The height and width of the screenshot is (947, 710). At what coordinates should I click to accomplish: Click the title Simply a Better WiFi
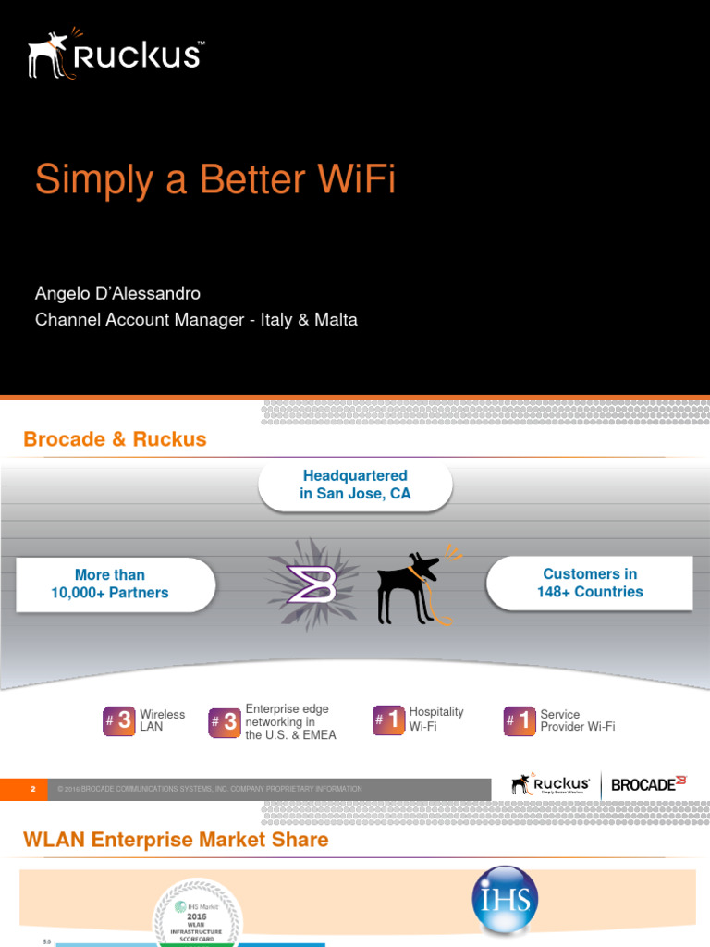click(214, 179)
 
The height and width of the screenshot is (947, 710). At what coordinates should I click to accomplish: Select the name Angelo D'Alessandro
click(117, 293)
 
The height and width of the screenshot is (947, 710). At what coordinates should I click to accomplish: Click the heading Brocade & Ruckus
click(115, 439)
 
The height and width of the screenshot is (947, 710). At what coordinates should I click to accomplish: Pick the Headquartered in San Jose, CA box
click(355, 485)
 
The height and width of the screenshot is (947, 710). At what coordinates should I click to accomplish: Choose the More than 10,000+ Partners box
click(110, 584)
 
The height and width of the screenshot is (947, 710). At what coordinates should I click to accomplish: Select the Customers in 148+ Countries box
click(590, 583)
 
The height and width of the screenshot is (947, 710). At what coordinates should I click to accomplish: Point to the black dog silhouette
click(410, 588)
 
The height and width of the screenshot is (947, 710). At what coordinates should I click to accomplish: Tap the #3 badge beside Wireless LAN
click(119, 720)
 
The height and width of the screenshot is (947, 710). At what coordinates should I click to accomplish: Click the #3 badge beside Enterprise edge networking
click(226, 720)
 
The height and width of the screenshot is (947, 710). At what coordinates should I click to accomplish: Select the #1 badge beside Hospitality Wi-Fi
click(389, 719)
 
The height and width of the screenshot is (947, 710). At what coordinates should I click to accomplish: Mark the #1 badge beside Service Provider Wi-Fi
click(520, 720)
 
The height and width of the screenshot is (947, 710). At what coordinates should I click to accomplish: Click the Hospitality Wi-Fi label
click(436, 719)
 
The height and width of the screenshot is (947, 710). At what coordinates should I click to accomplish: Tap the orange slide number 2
click(32, 789)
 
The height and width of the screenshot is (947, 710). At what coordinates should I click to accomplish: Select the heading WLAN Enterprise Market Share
click(176, 840)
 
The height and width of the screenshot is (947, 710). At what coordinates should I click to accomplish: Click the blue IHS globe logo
click(504, 900)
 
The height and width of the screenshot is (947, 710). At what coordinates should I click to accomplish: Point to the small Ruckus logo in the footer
click(551, 784)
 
